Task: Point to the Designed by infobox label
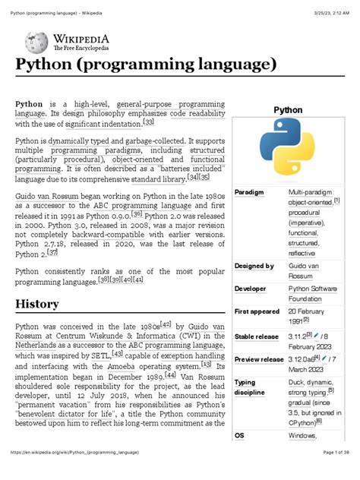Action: click(254, 267)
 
